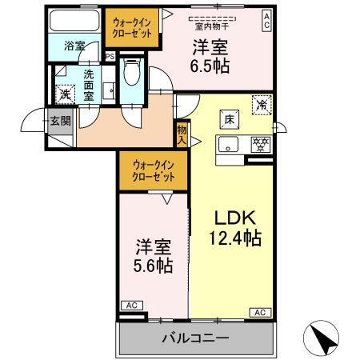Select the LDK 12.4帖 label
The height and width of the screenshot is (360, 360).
coord(231,227)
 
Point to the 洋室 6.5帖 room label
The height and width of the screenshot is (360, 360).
coord(210,55)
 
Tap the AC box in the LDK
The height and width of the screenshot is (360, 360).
coord(260,312)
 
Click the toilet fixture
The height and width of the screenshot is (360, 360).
coord(133,75)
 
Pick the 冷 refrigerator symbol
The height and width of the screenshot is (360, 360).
coord(261,103)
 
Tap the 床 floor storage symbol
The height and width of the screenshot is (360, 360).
coord(228,120)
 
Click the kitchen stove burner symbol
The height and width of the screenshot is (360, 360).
coord(260,145)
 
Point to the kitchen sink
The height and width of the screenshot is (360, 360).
coord(230,146)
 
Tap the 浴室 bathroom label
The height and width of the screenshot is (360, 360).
coord(74,46)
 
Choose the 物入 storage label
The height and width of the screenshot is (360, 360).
coord(182,134)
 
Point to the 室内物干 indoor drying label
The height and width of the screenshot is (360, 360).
coord(208,27)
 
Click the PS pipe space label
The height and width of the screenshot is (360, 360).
coord(111,57)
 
